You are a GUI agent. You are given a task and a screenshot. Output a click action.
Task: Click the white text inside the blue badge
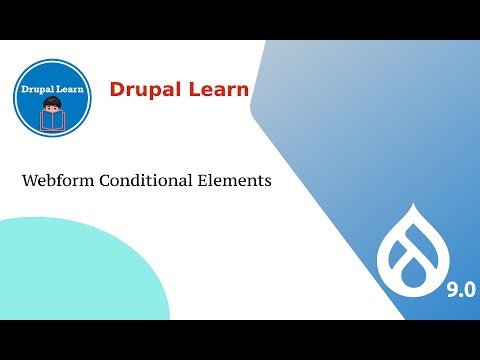(x=56, y=90)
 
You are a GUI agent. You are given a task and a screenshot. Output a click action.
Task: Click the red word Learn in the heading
(x=217, y=92)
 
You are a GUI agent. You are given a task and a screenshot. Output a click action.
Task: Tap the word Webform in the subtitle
(x=58, y=183)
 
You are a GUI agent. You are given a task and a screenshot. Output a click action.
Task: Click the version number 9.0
(x=460, y=290)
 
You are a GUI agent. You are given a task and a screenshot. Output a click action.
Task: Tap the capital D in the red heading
(x=117, y=92)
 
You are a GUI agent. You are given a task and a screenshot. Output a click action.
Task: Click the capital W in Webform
(x=29, y=183)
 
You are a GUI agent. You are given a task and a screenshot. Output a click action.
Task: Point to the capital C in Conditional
(x=106, y=183)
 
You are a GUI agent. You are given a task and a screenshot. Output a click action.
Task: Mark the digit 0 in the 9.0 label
(x=469, y=290)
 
